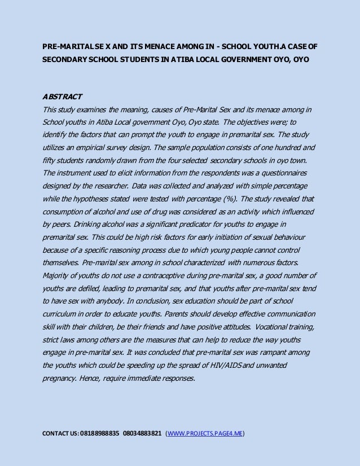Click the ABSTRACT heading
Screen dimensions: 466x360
point(62,96)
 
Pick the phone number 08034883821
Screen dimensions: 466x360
point(142,434)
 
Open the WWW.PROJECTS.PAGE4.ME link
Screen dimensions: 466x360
point(205,434)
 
